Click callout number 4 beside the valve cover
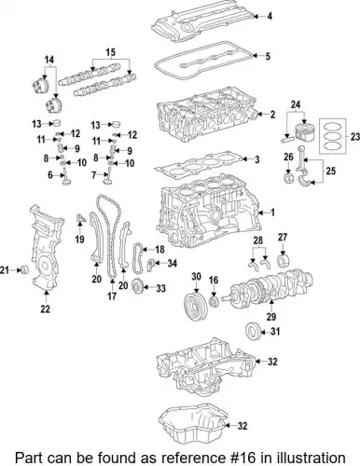[x=270, y=17]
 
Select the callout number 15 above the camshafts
[x=110, y=51]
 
